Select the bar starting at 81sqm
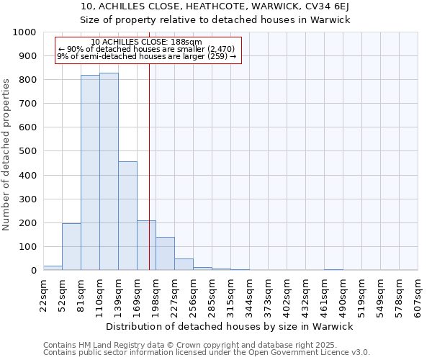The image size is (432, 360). point(90,173)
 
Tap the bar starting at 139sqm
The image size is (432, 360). point(127,216)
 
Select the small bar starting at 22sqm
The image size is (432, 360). point(53,268)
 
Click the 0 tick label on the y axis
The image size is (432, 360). point(34,271)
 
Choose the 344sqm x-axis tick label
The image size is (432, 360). point(249,295)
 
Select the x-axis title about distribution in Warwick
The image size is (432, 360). point(230,326)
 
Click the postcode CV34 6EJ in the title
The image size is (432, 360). point(324,6)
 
